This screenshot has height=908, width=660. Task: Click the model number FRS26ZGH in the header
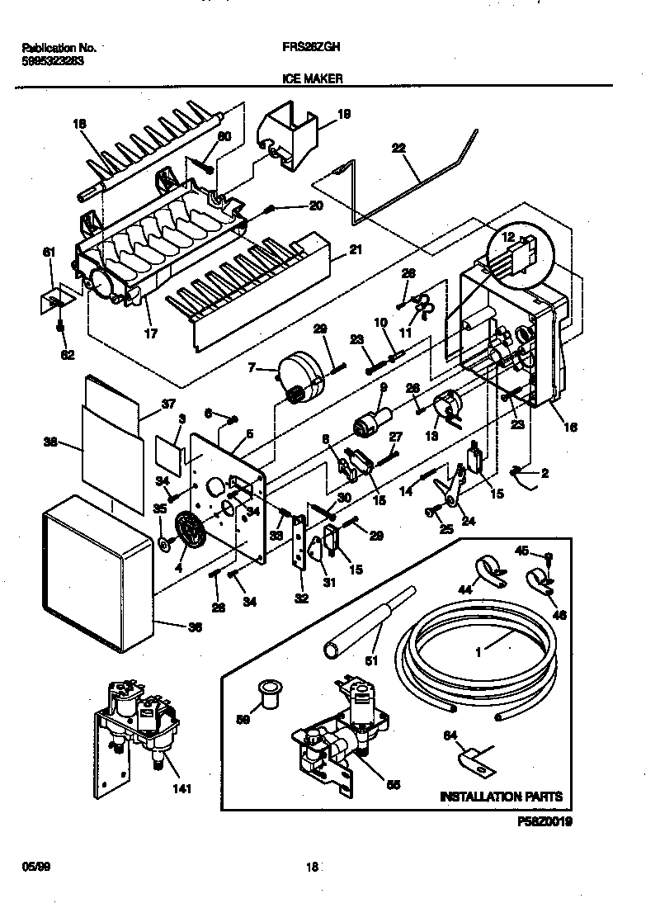309,48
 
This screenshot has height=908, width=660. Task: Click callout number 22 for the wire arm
398,148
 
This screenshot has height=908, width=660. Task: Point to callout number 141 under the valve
181,789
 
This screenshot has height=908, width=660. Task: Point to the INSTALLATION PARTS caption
501,797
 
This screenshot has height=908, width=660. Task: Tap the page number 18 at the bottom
312,867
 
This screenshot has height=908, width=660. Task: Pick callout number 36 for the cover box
195,627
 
